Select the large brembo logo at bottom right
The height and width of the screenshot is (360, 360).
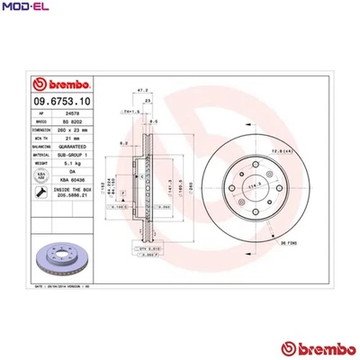click(x=311, y=348)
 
